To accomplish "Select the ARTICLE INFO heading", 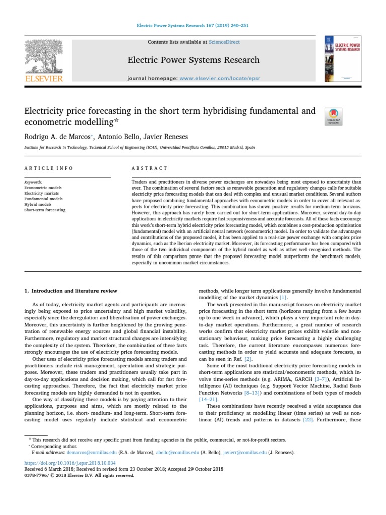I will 49,168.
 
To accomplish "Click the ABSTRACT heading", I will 149,168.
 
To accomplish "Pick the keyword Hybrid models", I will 38,205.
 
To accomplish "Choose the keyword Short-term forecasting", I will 45,210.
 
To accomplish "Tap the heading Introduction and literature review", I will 71,291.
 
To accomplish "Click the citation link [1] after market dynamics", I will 283,298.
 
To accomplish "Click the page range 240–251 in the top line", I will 238,25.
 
